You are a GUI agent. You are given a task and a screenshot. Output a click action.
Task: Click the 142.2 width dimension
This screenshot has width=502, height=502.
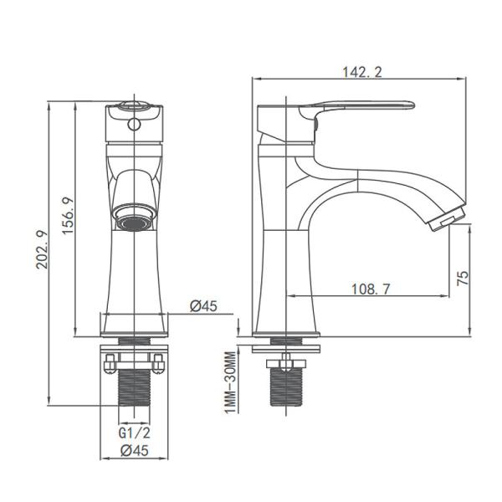[362, 72]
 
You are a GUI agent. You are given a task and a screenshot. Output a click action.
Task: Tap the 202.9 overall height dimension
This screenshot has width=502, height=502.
[42, 249]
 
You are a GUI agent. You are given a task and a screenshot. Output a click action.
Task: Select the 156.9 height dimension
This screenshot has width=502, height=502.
[68, 216]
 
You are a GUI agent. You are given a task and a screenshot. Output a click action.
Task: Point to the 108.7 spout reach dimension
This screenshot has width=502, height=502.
[371, 289]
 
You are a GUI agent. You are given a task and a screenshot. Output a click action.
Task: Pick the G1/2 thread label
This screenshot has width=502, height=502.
[134, 433]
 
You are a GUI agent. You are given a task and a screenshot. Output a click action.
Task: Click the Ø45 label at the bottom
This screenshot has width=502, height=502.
[135, 451]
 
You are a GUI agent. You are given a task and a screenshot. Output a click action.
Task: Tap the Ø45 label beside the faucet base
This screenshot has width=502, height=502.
[203, 305]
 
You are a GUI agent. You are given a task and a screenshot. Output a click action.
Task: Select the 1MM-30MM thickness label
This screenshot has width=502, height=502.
[230, 382]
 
